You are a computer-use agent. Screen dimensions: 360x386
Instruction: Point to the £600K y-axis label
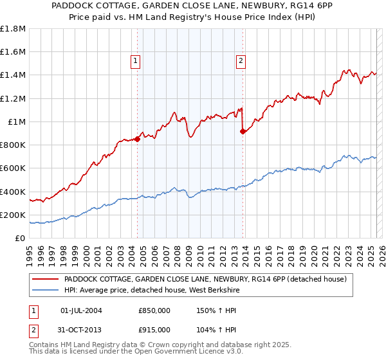coord(13,168)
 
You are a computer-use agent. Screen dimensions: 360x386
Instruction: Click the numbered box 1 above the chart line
coord(136,61)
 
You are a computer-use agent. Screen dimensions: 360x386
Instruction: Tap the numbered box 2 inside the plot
coord(241,61)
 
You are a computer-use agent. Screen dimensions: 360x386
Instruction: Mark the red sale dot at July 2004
coord(138,139)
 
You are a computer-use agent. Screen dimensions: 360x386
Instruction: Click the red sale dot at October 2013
coord(243,131)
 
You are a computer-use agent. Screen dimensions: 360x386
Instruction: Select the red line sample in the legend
coord(45,279)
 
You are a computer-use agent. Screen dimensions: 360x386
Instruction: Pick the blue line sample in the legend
coord(45,290)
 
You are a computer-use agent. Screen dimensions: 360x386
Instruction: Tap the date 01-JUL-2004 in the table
coord(81,310)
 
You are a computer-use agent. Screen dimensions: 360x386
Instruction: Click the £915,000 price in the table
coord(154,329)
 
